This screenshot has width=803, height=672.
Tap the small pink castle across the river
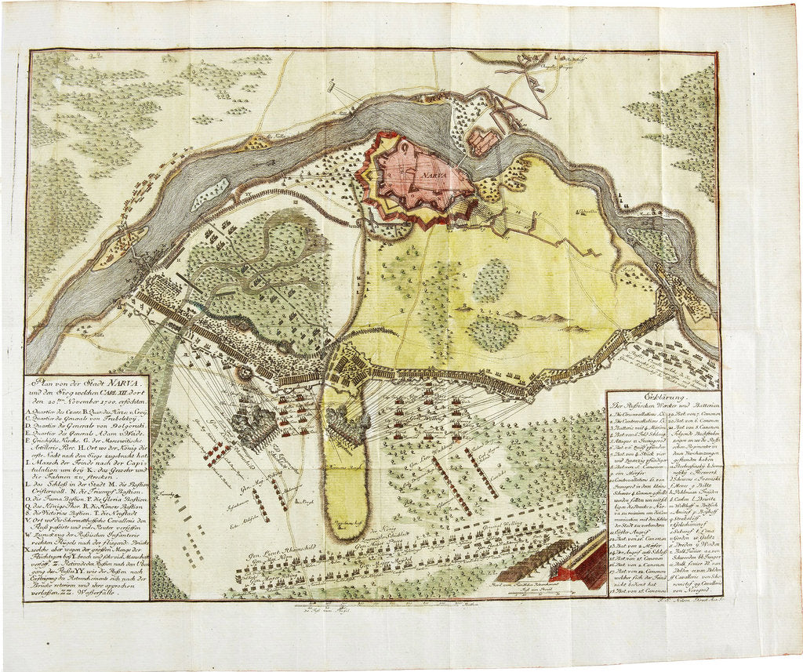481,142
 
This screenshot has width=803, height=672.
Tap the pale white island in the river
209,194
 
